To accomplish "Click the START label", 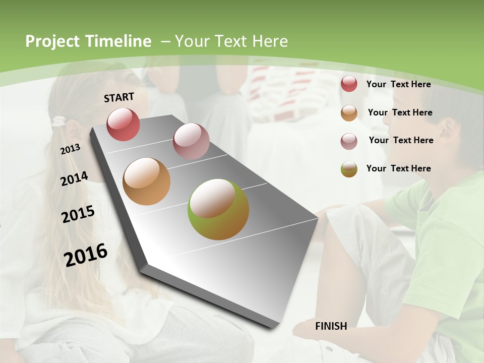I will [x=119, y=97].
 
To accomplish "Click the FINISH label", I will [x=331, y=326].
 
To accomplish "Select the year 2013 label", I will [x=70, y=149].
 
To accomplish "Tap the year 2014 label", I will [x=74, y=178].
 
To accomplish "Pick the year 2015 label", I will [x=78, y=214].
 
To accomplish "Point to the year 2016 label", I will [x=86, y=255].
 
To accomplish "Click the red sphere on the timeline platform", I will [x=123, y=124].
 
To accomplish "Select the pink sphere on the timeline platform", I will [x=191, y=141].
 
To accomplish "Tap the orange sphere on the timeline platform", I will [x=146, y=181].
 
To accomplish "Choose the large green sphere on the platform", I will [x=218, y=209].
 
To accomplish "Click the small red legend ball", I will [x=349, y=84].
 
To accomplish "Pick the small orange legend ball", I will [x=349, y=113].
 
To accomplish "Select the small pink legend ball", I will [x=349, y=141].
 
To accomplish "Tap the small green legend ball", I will [x=349, y=169].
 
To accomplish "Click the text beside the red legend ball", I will [x=398, y=84].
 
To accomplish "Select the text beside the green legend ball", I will [x=398, y=168].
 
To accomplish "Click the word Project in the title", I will [x=53, y=41].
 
